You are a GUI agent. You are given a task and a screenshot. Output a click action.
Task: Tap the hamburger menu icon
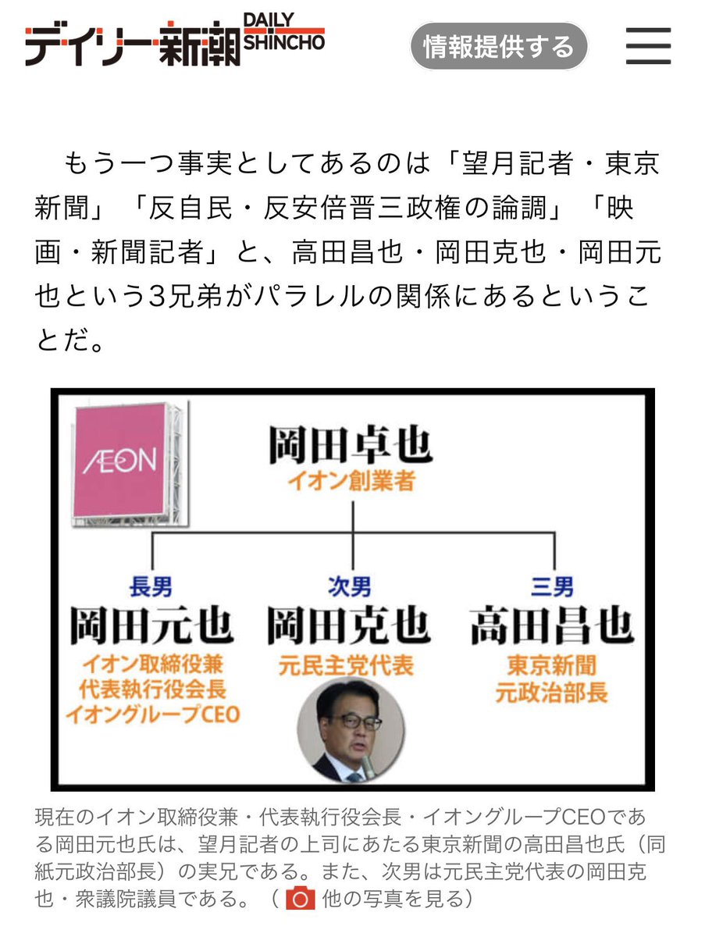648,46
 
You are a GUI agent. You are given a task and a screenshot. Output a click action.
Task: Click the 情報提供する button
498,47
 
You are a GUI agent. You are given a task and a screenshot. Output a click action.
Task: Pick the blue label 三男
552,586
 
